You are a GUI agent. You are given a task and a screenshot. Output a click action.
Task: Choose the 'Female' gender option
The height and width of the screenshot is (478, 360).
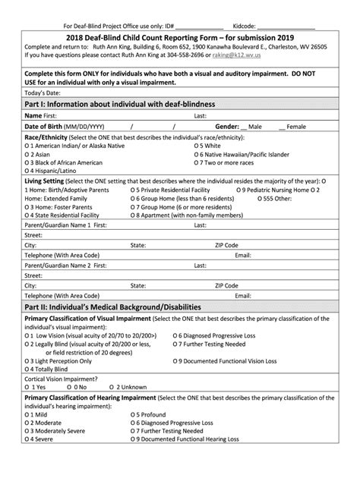pos(295,127)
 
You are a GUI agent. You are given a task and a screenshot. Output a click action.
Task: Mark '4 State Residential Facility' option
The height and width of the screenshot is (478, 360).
pos(67,215)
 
